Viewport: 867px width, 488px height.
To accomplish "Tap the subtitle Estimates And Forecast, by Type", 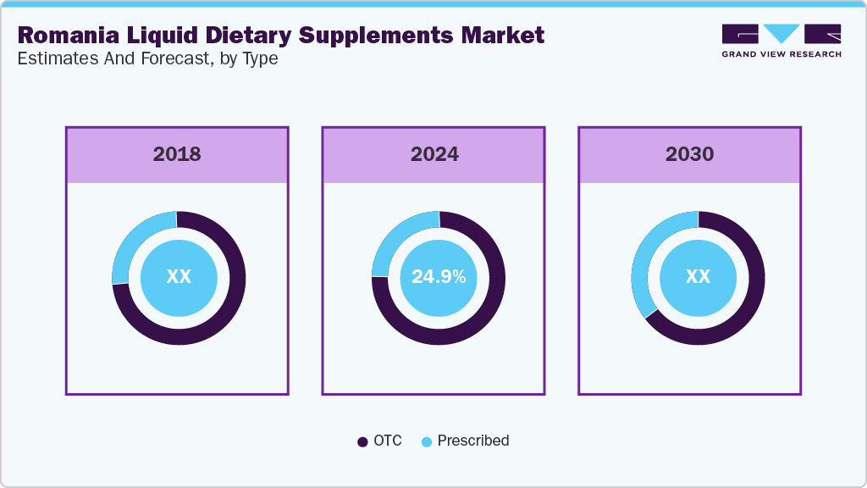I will (x=147, y=59).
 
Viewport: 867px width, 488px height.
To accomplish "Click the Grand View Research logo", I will (x=781, y=41).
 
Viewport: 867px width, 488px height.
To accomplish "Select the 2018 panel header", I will (x=177, y=154).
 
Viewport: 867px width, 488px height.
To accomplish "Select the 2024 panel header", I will (x=434, y=154).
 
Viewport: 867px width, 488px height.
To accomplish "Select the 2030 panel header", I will (x=689, y=154).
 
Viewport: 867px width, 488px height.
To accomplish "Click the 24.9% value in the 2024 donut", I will (x=438, y=277).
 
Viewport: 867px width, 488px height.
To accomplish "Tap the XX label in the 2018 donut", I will (x=179, y=277).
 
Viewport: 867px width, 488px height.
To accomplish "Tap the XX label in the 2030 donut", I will (x=698, y=277).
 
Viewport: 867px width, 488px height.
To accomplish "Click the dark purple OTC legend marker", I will (x=362, y=441).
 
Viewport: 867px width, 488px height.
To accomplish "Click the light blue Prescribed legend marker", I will (x=427, y=441).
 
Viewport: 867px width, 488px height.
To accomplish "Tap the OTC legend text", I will (x=387, y=441).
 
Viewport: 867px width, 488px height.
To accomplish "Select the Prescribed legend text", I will (x=473, y=441).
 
